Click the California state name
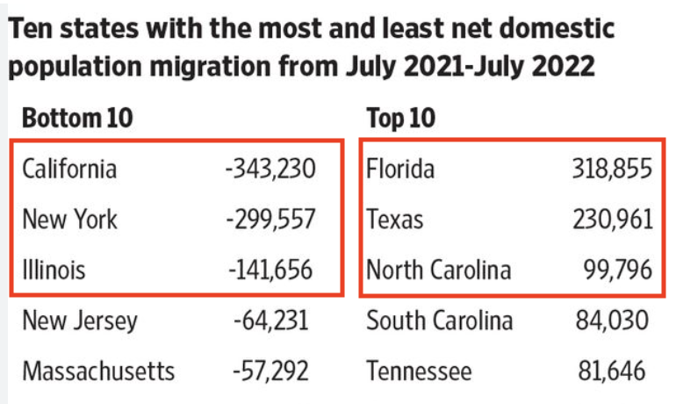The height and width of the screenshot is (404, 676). (69, 167)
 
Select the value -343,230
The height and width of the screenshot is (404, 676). (269, 167)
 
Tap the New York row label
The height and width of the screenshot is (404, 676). (69, 218)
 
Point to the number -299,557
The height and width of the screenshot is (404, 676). (269, 218)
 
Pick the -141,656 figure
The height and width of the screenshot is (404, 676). (270, 269)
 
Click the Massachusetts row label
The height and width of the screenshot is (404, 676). (98, 371)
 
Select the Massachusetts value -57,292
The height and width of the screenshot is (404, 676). (271, 371)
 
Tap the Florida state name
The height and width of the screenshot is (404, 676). (400, 167)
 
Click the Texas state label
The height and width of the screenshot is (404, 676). (394, 218)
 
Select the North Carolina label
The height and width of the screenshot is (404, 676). (438, 269)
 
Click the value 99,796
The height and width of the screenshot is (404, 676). (619, 269)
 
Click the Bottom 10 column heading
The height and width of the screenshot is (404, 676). (77, 118)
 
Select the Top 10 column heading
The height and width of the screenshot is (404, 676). (401, 118)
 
